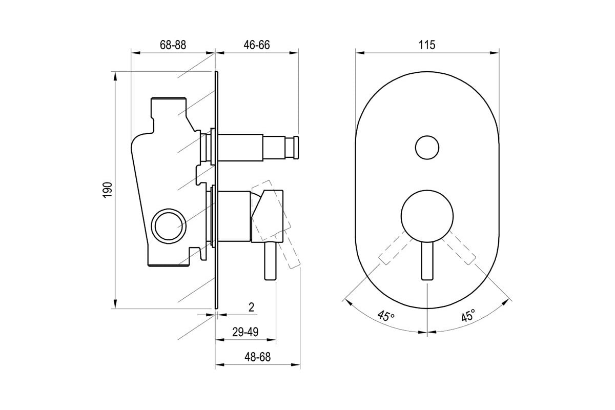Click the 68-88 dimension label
[x=173, y=45]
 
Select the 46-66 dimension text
[x=257, y=45]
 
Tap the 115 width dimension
[x=427, y=45]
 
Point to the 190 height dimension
[x=108, y=190]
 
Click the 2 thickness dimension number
[x=251, y=307]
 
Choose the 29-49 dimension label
[x=245, y=332]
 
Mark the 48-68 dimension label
[x=257, y=357]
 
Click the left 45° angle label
[x=386, y=316]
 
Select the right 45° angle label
[x=468, y=315]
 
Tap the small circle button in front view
[x=427, y=148]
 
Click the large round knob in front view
[x=427, y=216]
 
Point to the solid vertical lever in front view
[x=427, y=261]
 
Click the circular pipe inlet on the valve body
[x=169, y=226]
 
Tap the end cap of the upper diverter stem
[x=296, y=148]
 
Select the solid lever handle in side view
[x=270, y=261]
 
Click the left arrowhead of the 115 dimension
[x=360, y=53]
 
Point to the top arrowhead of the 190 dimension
[x=115, y=76]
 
